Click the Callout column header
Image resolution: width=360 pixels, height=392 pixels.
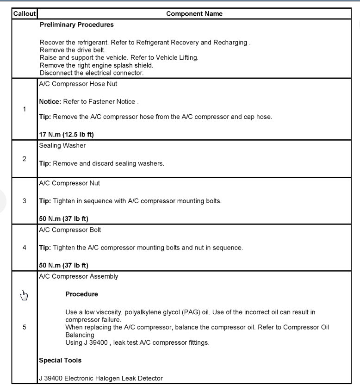pyautogui.click(x=24, y=14)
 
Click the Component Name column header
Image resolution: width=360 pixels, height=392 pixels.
pyautogui.click(x=194, y=14)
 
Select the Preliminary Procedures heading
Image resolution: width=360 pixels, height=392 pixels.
pyautogui.click(x=76, y=25)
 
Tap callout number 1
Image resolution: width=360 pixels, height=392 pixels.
pyautogui.click(x=24, y=109)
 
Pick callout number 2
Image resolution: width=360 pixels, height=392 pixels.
pyautogui.click(x=24, y=159)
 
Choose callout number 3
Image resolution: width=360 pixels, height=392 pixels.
pyautogui.click(x=24, y=201)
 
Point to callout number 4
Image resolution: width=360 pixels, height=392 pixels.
pyautogui.click(x=24, y=248)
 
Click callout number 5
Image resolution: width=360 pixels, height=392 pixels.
pyautogui.click(x=24, y=327)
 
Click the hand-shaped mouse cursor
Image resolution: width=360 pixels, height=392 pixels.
pyautogui.click(x=24, y=295)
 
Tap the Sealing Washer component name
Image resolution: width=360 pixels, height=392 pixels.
pyautogui.click(x=62, y=145)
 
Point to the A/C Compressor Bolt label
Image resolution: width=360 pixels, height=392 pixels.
pyautogui.click(x=70, y=230)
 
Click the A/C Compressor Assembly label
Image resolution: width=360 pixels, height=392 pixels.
pyautogui.click(x=78, y=277)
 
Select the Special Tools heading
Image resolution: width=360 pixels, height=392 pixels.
pyautogui.click(x=60, y=360)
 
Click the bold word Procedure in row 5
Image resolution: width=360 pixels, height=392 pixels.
pyautogui.click(x=81, y=294)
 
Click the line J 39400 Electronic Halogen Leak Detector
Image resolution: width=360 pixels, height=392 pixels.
pyautogui.click(x=101, y=378)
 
